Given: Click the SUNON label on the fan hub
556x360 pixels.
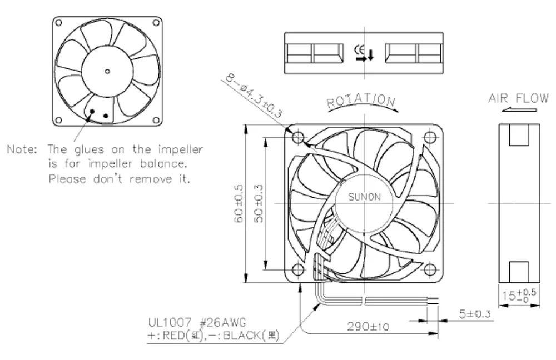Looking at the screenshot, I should (364, 197).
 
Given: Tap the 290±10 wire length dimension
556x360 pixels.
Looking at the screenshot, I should (366, 327).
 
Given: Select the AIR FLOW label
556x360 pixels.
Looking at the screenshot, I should (518, 99).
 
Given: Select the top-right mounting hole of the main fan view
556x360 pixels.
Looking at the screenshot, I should (429, 137).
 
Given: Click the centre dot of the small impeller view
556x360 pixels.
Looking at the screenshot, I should (107, 70).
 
